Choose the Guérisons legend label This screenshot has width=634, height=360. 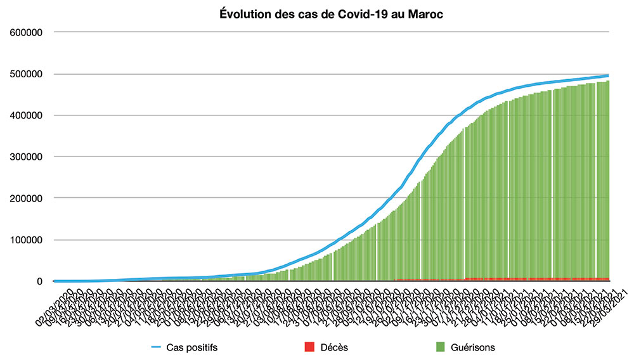click(474, 347)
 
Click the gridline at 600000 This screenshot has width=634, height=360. click(330, 32)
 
